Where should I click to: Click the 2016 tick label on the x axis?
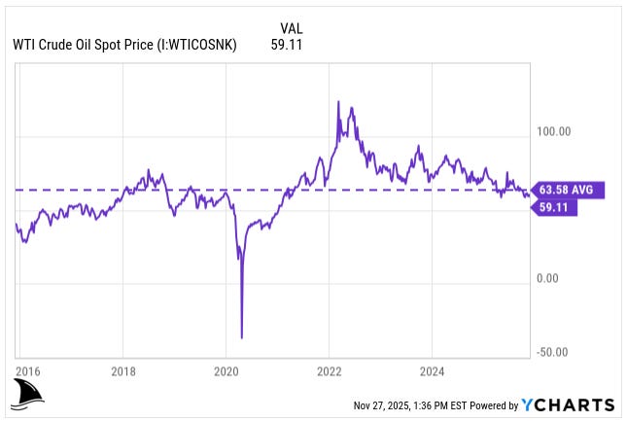pyautogui.click(x=28, y=370)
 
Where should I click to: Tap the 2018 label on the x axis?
pyautogui.click(x=122, y=370)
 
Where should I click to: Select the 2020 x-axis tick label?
pyautogui.click(x=226, y=370)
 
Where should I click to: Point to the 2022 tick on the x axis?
pyautogui.click(x=330, y=370)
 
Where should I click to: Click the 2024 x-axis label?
pyautogui.click(x=433, y=370)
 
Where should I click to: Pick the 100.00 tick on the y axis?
pyautogui.click(x=552, y=131)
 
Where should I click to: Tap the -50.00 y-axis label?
pyautogui.click(x=553, y=352)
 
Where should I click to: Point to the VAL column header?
pyautogui.click(x=290, y=27)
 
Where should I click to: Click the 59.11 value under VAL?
pyautogui.click(x=288, y=44)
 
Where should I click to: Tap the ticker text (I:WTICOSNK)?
pyautogui.click(x=193, y=44)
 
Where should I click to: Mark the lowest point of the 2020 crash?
pyautogui.click(x=241, y=337)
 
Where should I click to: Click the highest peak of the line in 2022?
pyautogui.click(x=337, y=101)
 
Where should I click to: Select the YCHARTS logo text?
pyautogui.click(x=568, y=404)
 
